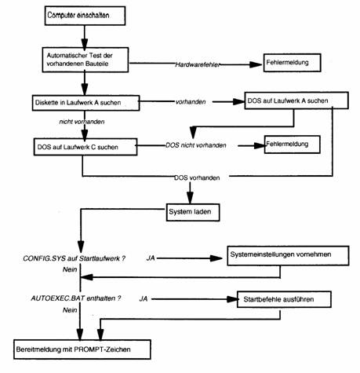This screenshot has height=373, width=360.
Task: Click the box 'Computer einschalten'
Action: coord(85,16)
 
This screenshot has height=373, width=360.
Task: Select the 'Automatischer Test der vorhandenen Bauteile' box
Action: coord(85,60)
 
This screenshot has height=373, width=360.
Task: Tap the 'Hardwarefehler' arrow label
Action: coord(198,64)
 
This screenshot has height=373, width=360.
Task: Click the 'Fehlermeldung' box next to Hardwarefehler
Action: coord(292,63)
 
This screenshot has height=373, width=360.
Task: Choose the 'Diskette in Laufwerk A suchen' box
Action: coord(85,103)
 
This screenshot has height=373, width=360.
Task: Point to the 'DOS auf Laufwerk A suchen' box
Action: coord(296,101)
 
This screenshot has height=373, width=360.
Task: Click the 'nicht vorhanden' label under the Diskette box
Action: coord(82,122)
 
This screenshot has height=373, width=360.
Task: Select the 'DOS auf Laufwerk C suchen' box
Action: coord(85,147)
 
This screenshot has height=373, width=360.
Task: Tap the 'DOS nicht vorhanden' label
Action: coord(196,145)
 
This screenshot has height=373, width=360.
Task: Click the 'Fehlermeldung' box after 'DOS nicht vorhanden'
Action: coord(293,144)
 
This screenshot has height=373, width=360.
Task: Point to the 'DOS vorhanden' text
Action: coord(197,178)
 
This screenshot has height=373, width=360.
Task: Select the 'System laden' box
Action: coord(193,212)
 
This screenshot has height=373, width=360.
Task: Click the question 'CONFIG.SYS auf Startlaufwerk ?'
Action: coord(75,258)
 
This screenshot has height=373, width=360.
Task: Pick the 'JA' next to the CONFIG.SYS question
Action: coord(151,258)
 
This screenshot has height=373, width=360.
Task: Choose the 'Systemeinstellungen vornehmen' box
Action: coord(288,255)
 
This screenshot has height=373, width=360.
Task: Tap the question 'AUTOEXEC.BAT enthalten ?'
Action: coord(76,298)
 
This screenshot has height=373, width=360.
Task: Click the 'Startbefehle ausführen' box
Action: coord(284,299)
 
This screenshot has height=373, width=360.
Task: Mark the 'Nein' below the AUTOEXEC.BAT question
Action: coord(70,310)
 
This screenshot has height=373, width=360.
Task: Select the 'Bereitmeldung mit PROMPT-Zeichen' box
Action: coord(82,349)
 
